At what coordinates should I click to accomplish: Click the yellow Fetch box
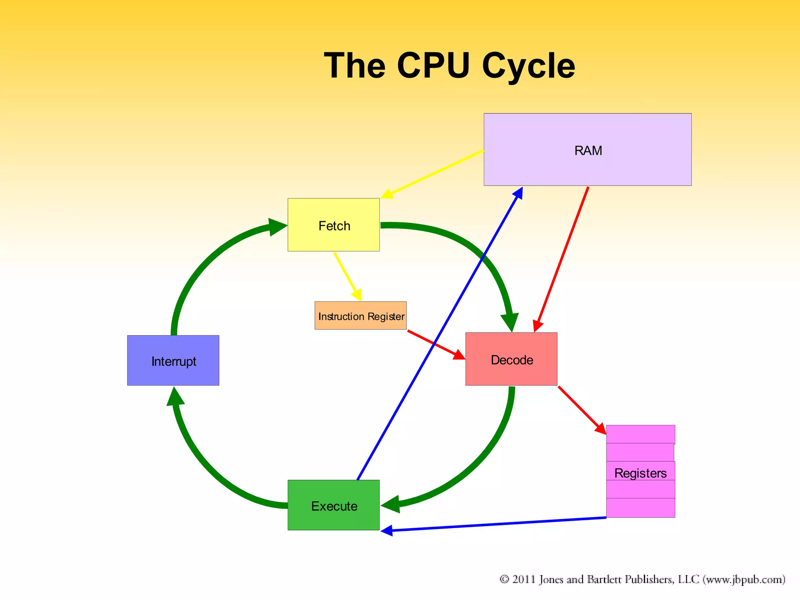[x=334, y=225]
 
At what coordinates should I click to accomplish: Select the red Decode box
[x=511, y=359]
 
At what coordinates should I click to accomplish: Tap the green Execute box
[x=334, y=505]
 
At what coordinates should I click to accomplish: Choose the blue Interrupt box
[x=173, y=361]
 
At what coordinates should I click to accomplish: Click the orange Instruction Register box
[x=361, y=316]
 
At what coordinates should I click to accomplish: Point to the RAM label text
[x=588, y=151]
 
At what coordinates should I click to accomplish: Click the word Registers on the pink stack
[x=640, y=473]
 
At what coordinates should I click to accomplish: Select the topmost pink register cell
[x=640, y=434]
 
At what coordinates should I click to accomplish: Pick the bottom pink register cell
[x=640, y=508]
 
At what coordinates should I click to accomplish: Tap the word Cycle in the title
[x=528, y=66]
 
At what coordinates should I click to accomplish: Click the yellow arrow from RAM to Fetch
[x=434, y=173]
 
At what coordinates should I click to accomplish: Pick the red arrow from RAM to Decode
[x=562, y=258]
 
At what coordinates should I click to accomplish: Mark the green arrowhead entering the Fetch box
[x=278, y=227]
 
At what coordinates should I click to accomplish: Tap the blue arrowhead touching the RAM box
[x=519, y=193]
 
